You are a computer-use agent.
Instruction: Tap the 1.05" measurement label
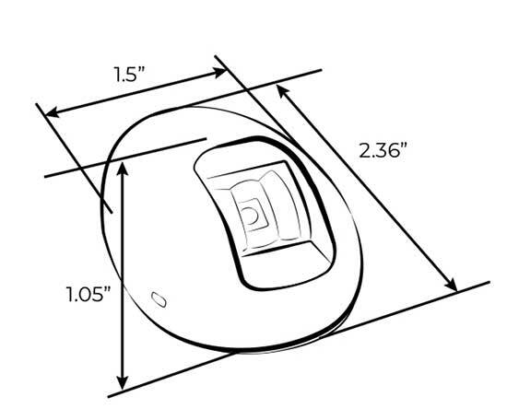click(88, 296)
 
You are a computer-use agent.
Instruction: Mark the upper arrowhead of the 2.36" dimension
click(280, 88)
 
